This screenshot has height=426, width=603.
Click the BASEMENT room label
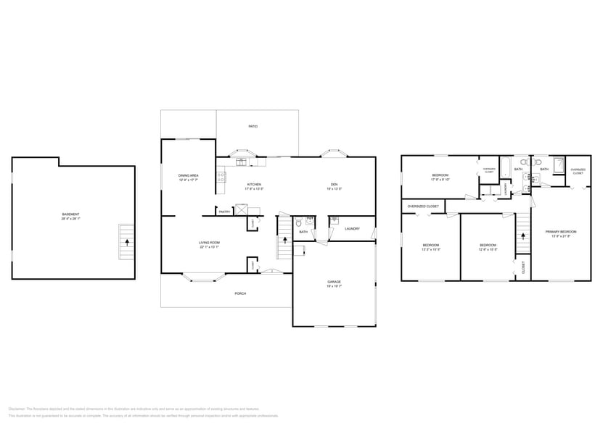(x=70, y=214)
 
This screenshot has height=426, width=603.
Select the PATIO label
(x=253, y=127)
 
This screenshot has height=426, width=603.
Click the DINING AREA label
(x=189, y=175)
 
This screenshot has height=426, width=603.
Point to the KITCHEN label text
(x=254, y=185)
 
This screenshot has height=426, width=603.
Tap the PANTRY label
(x=224, y=212)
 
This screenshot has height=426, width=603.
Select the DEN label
(x=334, y=185)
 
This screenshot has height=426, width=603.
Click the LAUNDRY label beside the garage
(x=353, y=229)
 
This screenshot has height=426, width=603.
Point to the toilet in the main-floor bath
(x=299, y=224)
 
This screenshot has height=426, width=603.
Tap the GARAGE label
(x=334, y=282)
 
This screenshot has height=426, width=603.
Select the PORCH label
(x=240, y=293)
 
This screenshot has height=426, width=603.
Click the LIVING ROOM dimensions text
(x=210, y=247)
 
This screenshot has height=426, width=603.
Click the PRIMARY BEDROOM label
(x=561, y=231)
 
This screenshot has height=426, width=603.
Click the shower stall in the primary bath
(x=559, y=166)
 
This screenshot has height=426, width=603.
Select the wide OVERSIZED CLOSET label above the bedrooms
(x=422, y=206)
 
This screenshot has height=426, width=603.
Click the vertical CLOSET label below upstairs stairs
(x=523, y=267)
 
